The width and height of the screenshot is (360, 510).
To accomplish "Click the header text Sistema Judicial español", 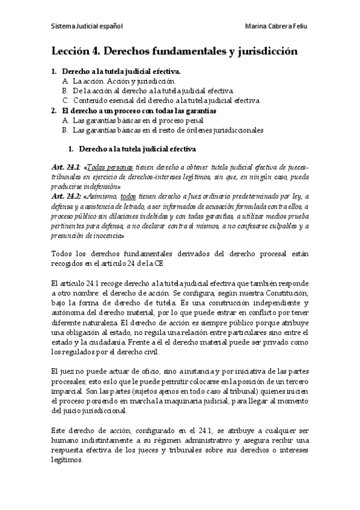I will coord(87,27).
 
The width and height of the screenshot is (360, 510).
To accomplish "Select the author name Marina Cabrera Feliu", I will coord(277,27).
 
